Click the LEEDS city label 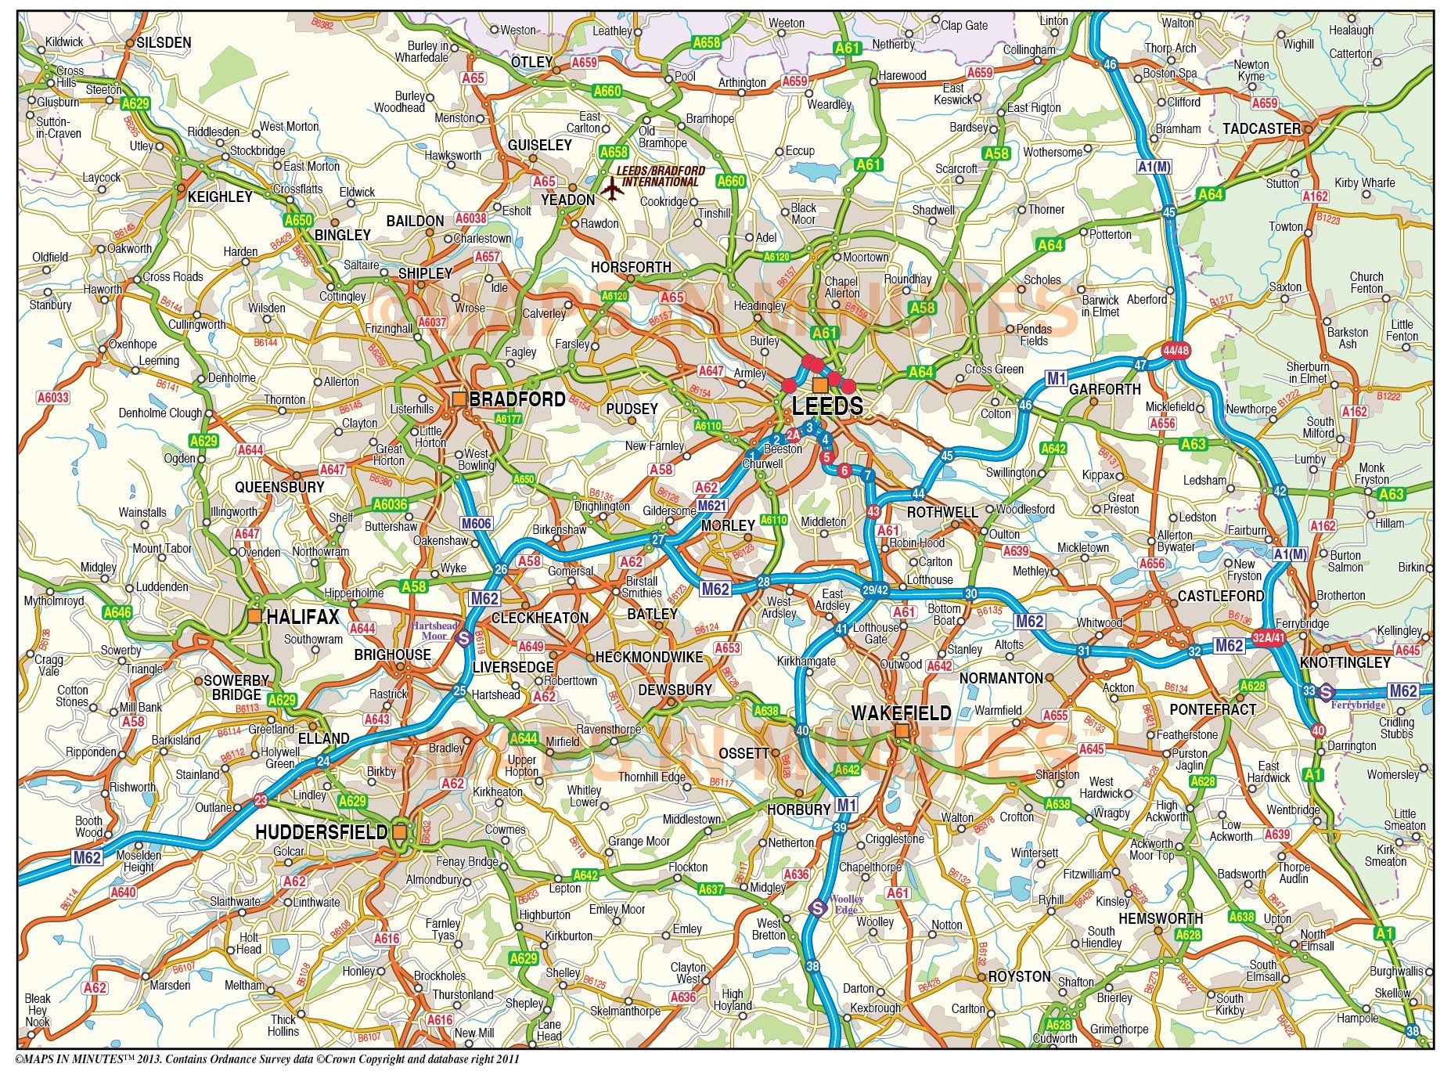point(826,406)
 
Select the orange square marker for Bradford point(459,399)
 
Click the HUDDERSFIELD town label point(321,832)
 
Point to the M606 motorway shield point(476,524)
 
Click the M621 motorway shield point(711,506)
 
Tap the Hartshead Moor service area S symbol point(463,638)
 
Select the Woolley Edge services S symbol point(818,908)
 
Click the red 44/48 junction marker point(1175,351)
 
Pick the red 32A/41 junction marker point(1268,637)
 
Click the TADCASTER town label point(1261,128)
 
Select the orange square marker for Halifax point(254,617)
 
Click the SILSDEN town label point(164,43)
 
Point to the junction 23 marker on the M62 point(261,800)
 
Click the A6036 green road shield point(390,504)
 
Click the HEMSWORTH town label point(1160,918)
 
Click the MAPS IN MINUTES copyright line point(266,1059)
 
